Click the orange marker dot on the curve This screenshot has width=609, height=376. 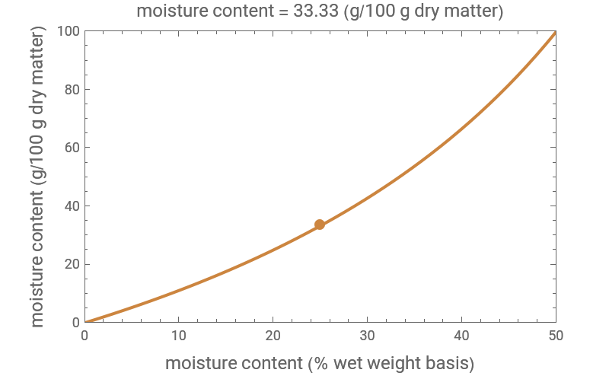(x=320, y=224)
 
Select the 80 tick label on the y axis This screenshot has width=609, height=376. (x=72, y=90)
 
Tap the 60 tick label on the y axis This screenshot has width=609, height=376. (x=72, y=148)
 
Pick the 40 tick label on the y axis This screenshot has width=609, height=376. (x=72, y=206)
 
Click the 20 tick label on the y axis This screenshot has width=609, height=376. (x=72, y=264)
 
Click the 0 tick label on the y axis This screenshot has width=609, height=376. (x=75, y=323)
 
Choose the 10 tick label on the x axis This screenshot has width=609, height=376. (x=179, y=336)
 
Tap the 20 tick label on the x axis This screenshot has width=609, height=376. (x=273, y=336)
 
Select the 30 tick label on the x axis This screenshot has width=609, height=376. (x=367, y=336)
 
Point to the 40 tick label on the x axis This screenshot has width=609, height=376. (x=461, y=336)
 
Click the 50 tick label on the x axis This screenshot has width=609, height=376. (x=555, y=336)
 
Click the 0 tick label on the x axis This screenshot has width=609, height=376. (x=84, y=336)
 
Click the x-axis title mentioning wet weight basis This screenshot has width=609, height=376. (x=320, y=363)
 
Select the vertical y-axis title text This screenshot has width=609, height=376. (x=38, y=177)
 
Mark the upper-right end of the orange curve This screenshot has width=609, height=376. (x=555, y=33)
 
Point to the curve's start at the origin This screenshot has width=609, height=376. (x=85, y=322)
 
